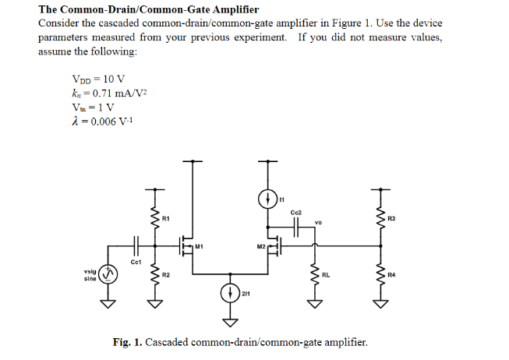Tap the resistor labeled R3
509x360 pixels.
pos(381,217)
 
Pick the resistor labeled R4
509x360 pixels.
pos(381,274)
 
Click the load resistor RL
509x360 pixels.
pos(315,274)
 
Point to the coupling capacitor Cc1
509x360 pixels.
pos(135,244)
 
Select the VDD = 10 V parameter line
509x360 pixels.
pos(97,79)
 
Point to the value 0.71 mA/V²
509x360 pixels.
pos(115,93)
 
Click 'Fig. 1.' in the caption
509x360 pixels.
pos(128,342)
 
